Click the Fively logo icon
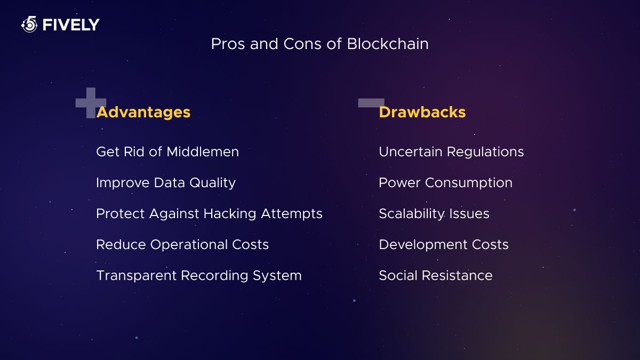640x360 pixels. pyautogui.click(x=29, y=24)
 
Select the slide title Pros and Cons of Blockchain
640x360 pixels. pyautogui.click(x=319, y=44)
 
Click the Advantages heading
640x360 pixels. pyautogui.click(x=143, y=112)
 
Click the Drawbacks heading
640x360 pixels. pyautogui.click(x=422, y=112)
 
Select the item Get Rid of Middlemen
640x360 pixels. pyautogui.click(x=167, y=152)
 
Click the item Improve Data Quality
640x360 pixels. pyautogui.click(x=165, y=183)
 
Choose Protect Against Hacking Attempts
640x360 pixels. pyautogui.click(x=209, y=214)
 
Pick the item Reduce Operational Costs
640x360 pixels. pyautogui.click(x=182, y=245)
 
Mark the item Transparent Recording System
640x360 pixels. pyautogui.click(x=198, y=276)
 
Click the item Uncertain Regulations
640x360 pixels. pyautogui.click(x=451, y=152)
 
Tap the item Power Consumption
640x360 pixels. pyautogui.click(x=445, y=183)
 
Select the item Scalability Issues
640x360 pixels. pyautogui.click(x=434, y=214)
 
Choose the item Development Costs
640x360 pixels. pyautogui.click(x=444, y=245)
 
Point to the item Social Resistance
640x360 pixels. pyautogui.click(x=435, y=276)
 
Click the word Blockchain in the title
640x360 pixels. pyautogui.click(x=387, y=44)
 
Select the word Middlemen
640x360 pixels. pyautogui.click(x=203, y=152)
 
